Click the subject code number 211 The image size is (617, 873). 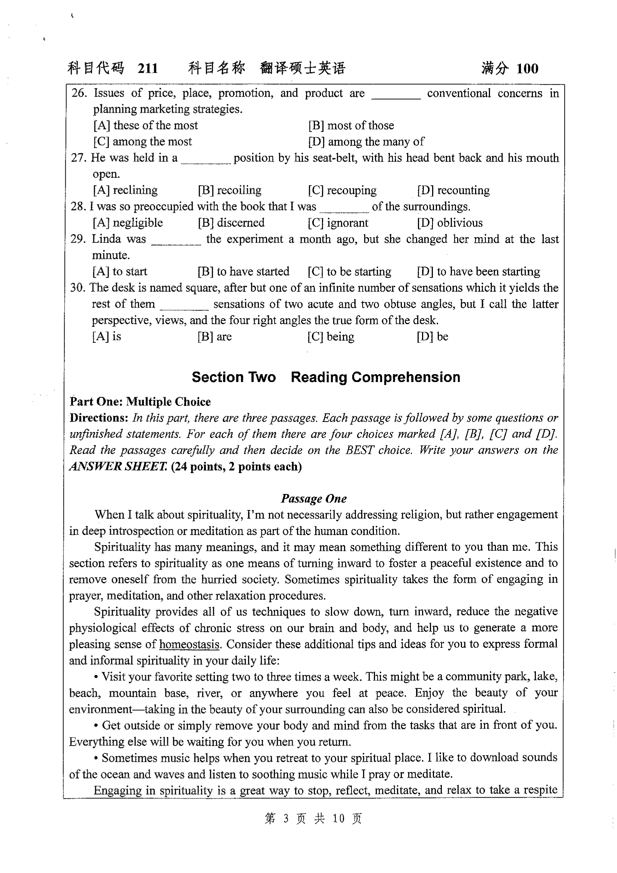coord(148,69)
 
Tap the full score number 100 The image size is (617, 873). coord(527,69)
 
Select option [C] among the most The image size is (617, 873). coord(143,142)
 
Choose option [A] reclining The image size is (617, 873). coord(125,190)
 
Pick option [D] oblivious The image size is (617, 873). coord(450,223)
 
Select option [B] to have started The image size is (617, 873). coord(244,271)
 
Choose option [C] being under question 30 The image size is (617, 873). coord(331,336)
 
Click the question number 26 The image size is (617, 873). coord(79,93)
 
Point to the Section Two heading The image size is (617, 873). coord(326,377)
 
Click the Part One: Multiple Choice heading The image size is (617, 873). coord(140,402)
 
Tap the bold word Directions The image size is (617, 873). coord(99,418)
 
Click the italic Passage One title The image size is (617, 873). coord(314,498)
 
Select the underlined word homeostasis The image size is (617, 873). coord(189,644)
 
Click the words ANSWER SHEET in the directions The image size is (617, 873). coord(118,466)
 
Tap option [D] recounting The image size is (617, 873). coord(453,190)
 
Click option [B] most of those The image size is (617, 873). coord(351,125)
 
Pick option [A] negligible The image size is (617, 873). coord(128,223)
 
